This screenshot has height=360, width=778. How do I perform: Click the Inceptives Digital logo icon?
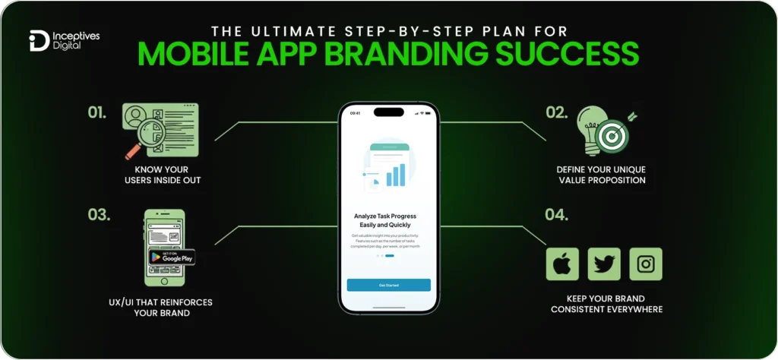38,41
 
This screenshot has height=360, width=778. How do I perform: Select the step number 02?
556,113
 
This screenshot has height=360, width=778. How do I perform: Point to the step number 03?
99,215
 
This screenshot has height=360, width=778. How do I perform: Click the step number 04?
556,215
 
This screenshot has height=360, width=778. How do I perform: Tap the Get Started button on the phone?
388,285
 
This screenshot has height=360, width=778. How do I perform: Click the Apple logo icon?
562,264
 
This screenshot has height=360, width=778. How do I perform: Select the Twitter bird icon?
604,264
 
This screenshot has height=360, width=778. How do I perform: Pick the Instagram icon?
646,264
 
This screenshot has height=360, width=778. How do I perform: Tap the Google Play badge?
171,256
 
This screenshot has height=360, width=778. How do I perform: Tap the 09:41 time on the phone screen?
354,112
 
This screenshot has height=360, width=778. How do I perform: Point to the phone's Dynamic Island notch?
388,112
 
